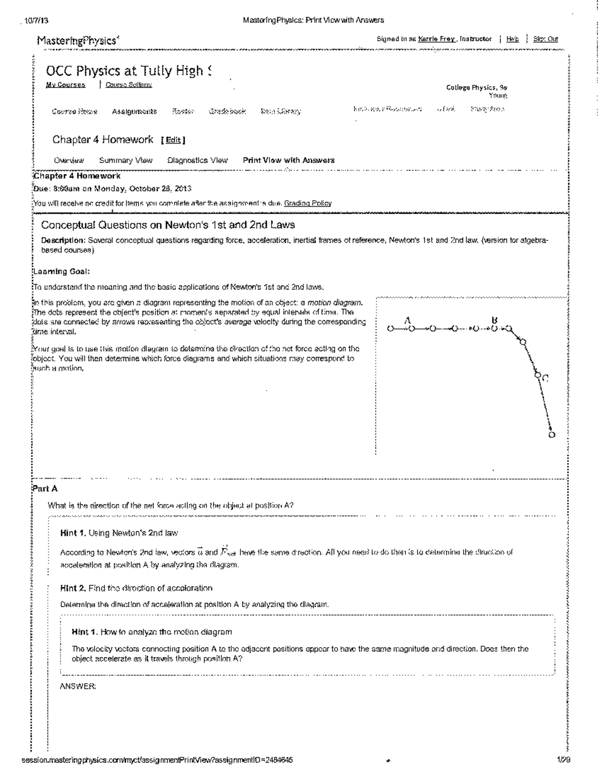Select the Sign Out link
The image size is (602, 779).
click(x=545, y=39)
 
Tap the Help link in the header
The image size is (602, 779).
click(x=513, y=39)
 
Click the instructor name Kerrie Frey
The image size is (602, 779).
click(x=436, y=39)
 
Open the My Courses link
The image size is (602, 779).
click(x=65, y=85)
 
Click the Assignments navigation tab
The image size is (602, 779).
click(x=134, y=111)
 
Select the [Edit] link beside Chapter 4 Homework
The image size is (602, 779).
click(x=173, y=140)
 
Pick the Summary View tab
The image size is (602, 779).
click(x=125, y=161)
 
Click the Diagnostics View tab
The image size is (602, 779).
click(x=197, y=161)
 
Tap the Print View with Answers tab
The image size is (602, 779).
click(x=288, y=161)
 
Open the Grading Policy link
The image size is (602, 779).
click(x=308, y=203)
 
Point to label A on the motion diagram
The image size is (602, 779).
click(x=407, y=320)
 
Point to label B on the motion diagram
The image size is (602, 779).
click(x=495, y=320)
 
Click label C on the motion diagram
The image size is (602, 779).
click(x=546, y=378)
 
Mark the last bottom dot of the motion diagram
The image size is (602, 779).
click(x=552, y=435)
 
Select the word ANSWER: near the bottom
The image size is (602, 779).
click(x=78, y=687)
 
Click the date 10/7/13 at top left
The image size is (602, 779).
click(x=35, y=21)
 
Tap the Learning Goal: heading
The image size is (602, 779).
click(x=61, y=271)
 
